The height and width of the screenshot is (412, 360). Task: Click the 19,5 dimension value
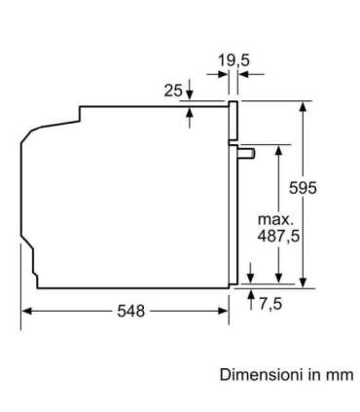point(234,60)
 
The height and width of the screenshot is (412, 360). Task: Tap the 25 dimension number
point(173,91)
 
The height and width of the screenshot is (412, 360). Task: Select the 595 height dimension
point(303,188)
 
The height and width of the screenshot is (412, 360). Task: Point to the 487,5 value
point(278,236)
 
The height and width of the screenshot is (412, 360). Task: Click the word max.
point(275,220)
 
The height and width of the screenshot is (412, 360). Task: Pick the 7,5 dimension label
point(270,304)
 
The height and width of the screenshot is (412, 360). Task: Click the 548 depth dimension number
point(130,312)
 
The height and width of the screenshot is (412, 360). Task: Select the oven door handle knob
point(247,153)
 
